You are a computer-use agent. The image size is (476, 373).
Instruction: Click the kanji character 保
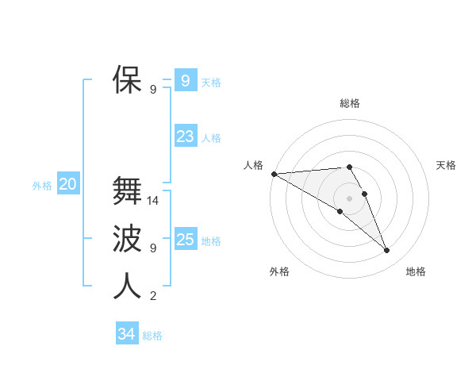(127, 80)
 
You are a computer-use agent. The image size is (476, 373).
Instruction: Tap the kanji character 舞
(127, 191)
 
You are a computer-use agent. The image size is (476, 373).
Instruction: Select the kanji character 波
(127, 239)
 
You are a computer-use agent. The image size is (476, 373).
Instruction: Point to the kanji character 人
(127, 286)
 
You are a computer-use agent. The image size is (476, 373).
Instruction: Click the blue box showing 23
(185, 137)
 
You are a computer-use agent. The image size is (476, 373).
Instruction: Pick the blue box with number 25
(185, 240)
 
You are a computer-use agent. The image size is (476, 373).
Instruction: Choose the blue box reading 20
(67, 185)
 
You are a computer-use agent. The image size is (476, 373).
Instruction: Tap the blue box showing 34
(126, 334)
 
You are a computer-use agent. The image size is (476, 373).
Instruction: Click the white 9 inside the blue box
(185, 81)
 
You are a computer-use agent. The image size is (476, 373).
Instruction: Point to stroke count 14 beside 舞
(153, 201)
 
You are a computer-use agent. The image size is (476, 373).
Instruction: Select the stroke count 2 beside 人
(153, 296)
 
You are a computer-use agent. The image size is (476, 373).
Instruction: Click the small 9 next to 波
(153, 248)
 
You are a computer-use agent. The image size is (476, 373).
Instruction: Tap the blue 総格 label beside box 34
(152, 336)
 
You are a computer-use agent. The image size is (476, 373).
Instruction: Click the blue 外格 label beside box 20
(42, 186)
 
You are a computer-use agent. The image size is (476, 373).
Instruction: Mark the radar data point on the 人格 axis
(274, 173)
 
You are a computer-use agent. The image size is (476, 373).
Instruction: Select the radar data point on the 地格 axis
(387, 251)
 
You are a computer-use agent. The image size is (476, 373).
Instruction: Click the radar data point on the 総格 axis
(349, 167)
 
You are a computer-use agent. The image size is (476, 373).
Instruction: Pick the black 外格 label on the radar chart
(279, 271)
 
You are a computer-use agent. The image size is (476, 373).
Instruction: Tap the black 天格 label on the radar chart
(447, 165)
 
